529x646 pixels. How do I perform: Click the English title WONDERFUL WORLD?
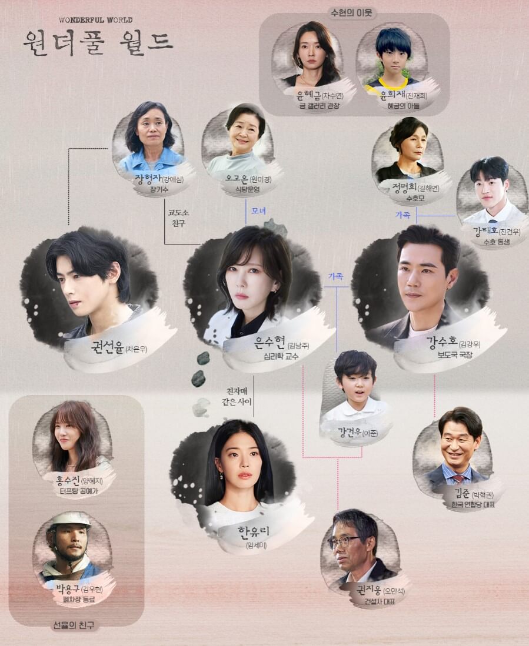(95, 20)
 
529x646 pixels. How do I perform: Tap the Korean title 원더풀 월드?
(98, 40)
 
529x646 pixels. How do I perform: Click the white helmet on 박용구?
(69, 520)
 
